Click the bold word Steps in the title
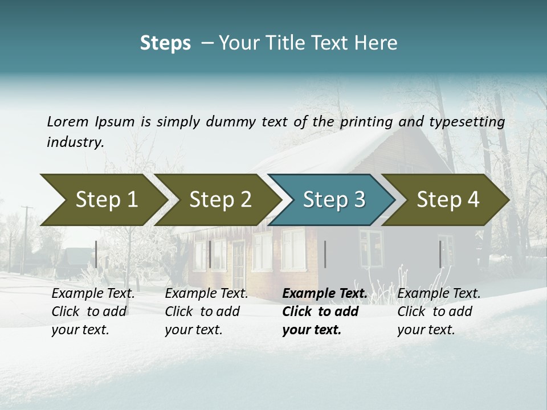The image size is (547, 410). [165, 43]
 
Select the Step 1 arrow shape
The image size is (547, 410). [103, 200]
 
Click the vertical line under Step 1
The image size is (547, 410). [96, 254]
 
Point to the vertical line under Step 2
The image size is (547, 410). [210, 254]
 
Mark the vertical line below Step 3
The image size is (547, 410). [325, 254]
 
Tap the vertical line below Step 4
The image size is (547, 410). [440, 254]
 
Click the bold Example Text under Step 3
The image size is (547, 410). [325, 294]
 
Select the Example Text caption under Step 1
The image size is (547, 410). [93, 294]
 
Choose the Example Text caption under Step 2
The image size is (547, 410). [206, 294]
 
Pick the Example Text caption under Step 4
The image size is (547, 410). [439, 294]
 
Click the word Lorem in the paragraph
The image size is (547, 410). [68, 121]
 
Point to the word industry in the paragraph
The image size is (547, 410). [75, 142]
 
